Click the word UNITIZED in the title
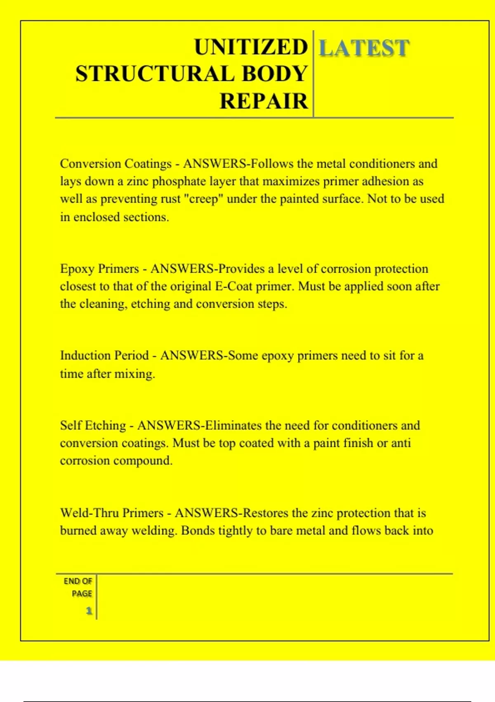[x=251, y=47]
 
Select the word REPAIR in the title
[x=264, y=101]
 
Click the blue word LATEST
[x=364, y=48]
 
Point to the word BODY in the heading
[x=275, y=74]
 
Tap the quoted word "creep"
[x=203, y=199]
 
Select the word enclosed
[x=97, y=217]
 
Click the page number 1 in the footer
[x=89, y=611]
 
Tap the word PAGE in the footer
[x=82, y=594]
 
